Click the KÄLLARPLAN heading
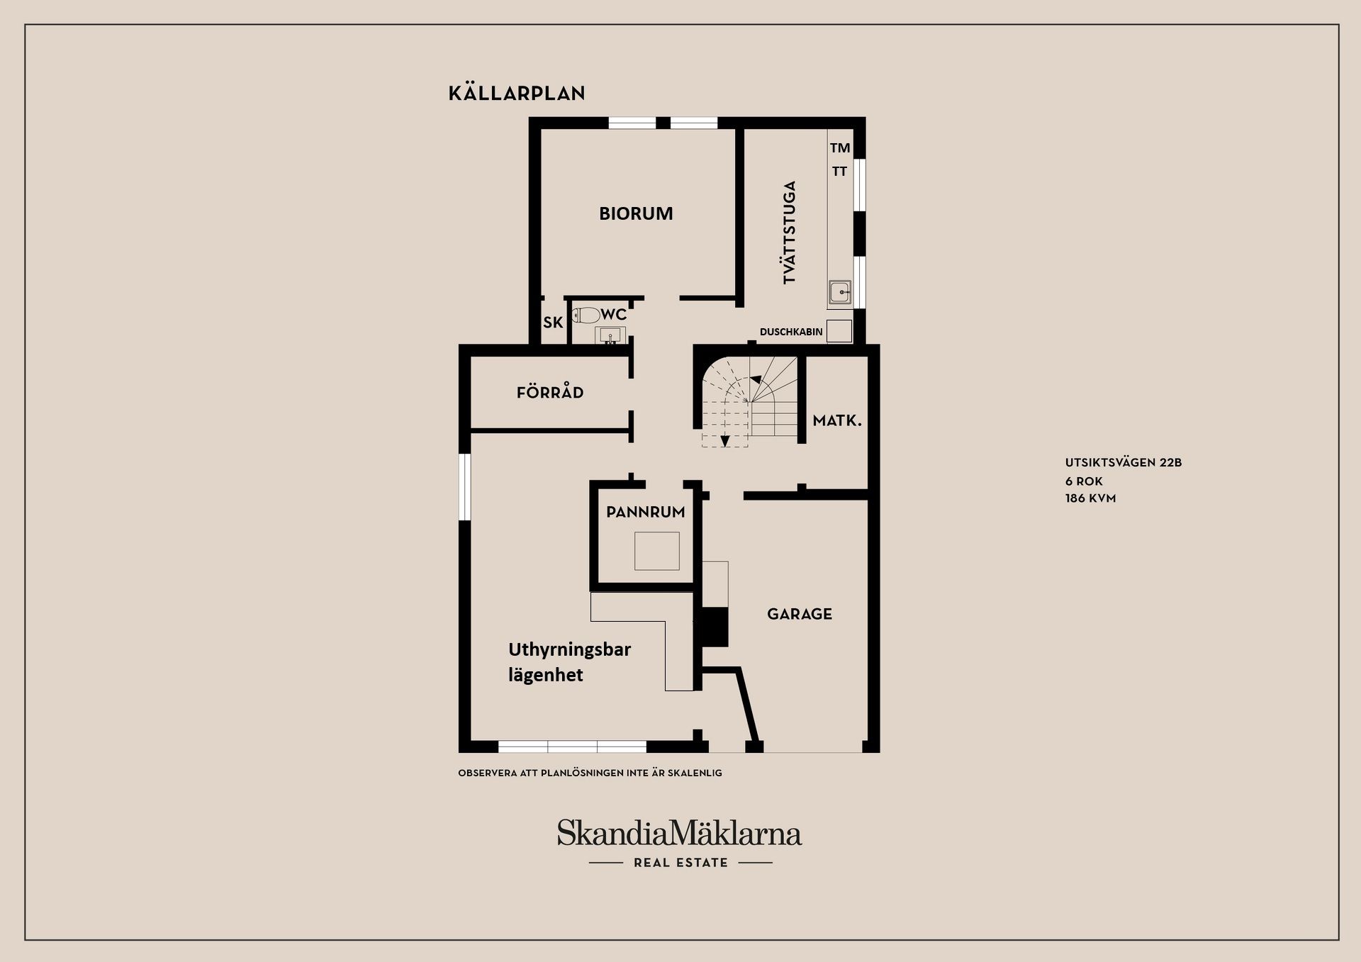click(517, 94)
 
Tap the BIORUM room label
click(636, 213)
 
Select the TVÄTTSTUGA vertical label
click(790, 233)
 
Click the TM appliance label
click(840, 148)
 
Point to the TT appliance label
click(839, 172)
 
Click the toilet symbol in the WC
click(586, 315)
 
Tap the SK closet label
click(553, 323)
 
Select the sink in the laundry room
click(840, 292)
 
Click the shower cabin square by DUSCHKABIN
click(839, 331)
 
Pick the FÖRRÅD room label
click(550, 393)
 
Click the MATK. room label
click(837, 421)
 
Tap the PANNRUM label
click(646, 512)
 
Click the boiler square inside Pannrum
click(656, 551)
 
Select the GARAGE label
click(800, 614)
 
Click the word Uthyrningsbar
click(569, 649)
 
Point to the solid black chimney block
click(714, 627)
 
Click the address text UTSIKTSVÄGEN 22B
click(1123, 463)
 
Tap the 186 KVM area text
click(1090, 498)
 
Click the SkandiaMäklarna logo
click(679, 833)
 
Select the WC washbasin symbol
click(610, 335)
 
